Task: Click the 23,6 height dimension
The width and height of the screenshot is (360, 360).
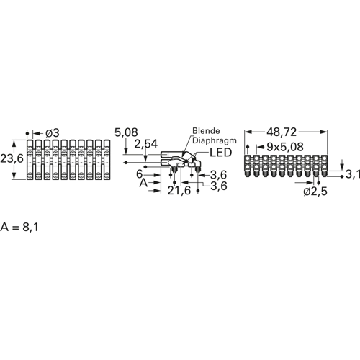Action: pos(12,158)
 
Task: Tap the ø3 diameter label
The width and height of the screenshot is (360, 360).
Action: pos(52,133)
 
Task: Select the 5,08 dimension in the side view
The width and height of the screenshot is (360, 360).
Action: pos(126,132)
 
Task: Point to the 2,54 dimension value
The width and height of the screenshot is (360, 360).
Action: pos(146,144)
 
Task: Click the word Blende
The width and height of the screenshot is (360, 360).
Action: pos(206,131)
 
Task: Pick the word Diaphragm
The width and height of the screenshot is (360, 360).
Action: pos(215,140)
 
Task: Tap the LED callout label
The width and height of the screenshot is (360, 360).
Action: pos(221,153)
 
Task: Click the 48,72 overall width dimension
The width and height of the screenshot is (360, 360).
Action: pos(282,132)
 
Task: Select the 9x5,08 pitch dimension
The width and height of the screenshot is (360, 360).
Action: pos(285,147)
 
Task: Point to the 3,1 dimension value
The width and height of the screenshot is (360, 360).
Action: pos(353,174)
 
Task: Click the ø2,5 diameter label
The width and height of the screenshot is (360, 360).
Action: pos(315,192)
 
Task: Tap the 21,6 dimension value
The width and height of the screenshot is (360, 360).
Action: pos(179,191)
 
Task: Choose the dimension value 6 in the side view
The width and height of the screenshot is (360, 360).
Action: pos(140,174)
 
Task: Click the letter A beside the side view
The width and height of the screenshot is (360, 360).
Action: pos(143,183)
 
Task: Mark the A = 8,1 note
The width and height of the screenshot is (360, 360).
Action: pos(19,227)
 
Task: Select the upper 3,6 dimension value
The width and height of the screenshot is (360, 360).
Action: pos(218,175)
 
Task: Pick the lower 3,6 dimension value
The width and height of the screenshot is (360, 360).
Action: pos(219,186)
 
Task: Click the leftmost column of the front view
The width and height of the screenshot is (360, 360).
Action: pos(30,160)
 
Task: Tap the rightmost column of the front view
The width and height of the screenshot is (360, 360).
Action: pos(107,160)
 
